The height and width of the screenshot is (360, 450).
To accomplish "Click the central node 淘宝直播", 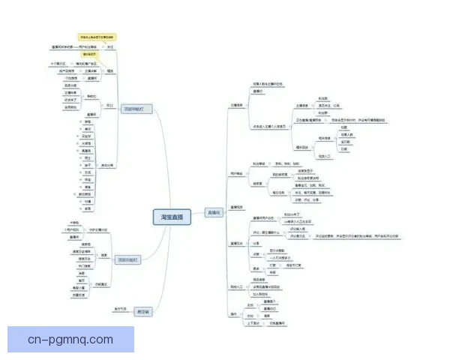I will click(x=170, y=217).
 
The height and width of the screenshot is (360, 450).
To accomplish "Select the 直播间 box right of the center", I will click(x=214, y=213).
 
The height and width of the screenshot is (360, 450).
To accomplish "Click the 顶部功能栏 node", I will click(x=128, y=259).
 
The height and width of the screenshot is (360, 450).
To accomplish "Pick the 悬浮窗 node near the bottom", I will click(x=143, y=310).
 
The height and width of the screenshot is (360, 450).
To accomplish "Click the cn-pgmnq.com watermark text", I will click(x=71, y=340).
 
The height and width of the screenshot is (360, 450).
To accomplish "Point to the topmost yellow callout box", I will click(x=97, y=36).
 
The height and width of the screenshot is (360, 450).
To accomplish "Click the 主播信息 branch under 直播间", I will click(x=237, y=106).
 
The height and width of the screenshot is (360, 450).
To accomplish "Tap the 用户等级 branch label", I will click(x=237, y=174).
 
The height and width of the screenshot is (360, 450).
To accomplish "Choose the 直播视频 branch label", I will click(x=237, y=206).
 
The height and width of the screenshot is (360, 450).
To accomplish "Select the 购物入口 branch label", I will click(x=237, y=287).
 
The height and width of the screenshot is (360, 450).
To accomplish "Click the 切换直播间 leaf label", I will click(x=277, y=323).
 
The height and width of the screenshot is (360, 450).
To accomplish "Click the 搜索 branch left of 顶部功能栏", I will click(x=104, y=254).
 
